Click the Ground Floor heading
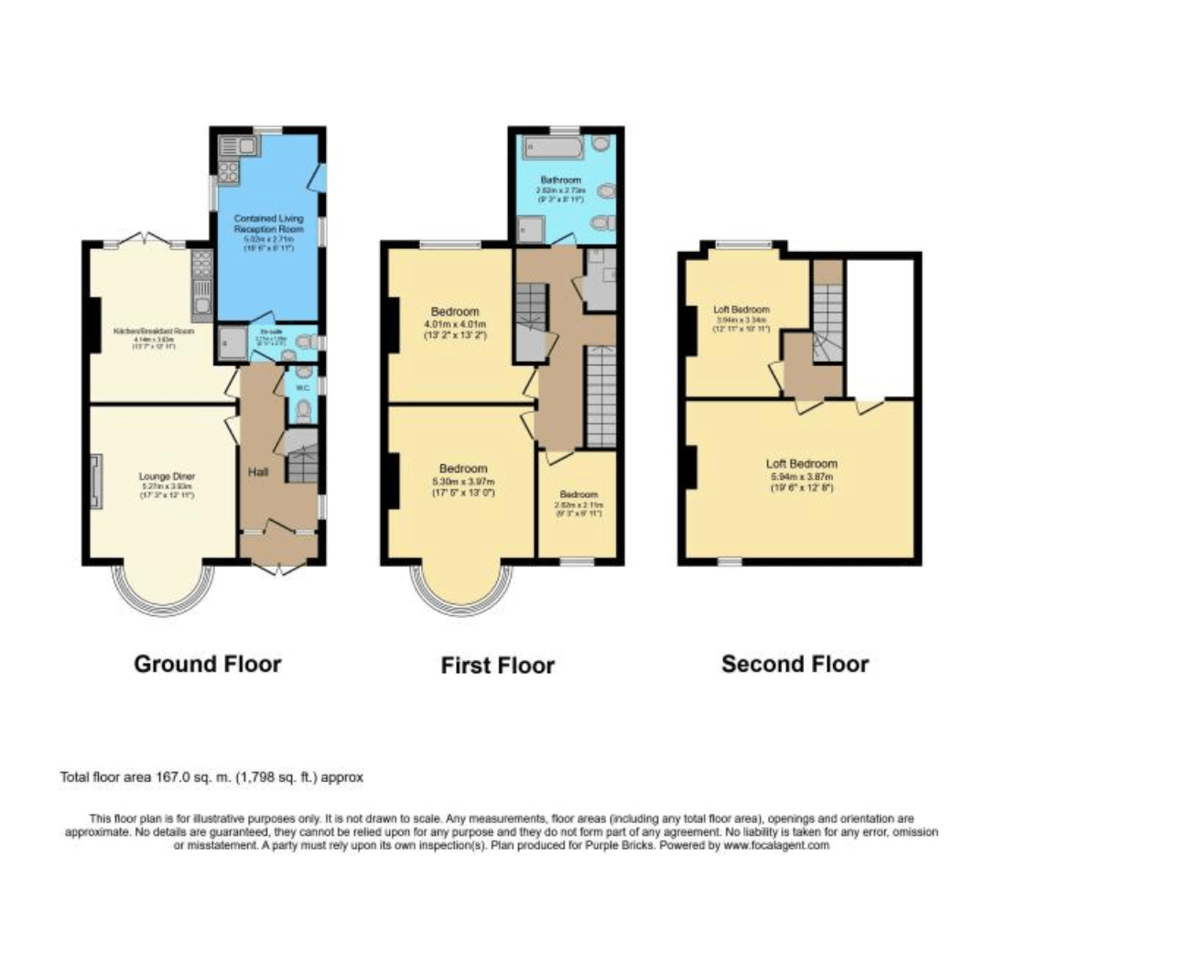207,664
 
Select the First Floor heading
497,666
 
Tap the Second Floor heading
795,664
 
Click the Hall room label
258,472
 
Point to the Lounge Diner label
167,476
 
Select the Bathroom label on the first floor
560,180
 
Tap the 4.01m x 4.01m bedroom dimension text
455,324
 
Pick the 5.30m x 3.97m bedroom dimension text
462,482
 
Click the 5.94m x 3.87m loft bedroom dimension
801,476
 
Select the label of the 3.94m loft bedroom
741,309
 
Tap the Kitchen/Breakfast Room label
153,331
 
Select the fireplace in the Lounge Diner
96,481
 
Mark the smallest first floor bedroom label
579,494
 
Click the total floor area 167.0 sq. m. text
211,777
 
